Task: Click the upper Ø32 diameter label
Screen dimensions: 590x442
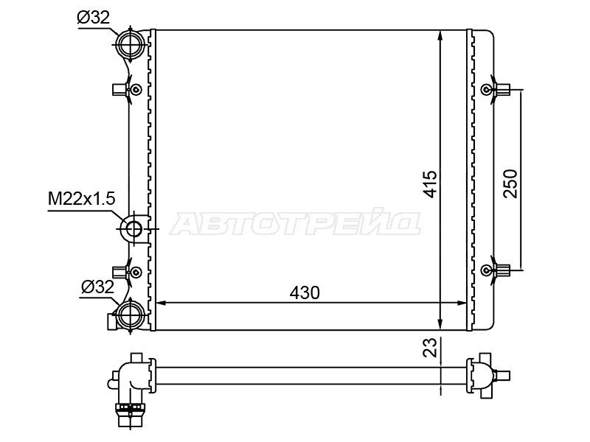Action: click(x=93, y=17)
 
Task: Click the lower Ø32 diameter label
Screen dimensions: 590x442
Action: click(x=97, y=287)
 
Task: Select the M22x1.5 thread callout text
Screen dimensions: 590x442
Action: click(x=81, y=199)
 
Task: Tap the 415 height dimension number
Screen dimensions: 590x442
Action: click(x=431, y=183)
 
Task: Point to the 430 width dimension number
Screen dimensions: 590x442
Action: click(x=305, y=292)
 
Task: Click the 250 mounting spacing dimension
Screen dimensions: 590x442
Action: click(x=510, y=183)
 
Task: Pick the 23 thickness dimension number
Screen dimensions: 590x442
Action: click(x=431, y=347)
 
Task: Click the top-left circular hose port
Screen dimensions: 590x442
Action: click(x=131, y=44)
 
